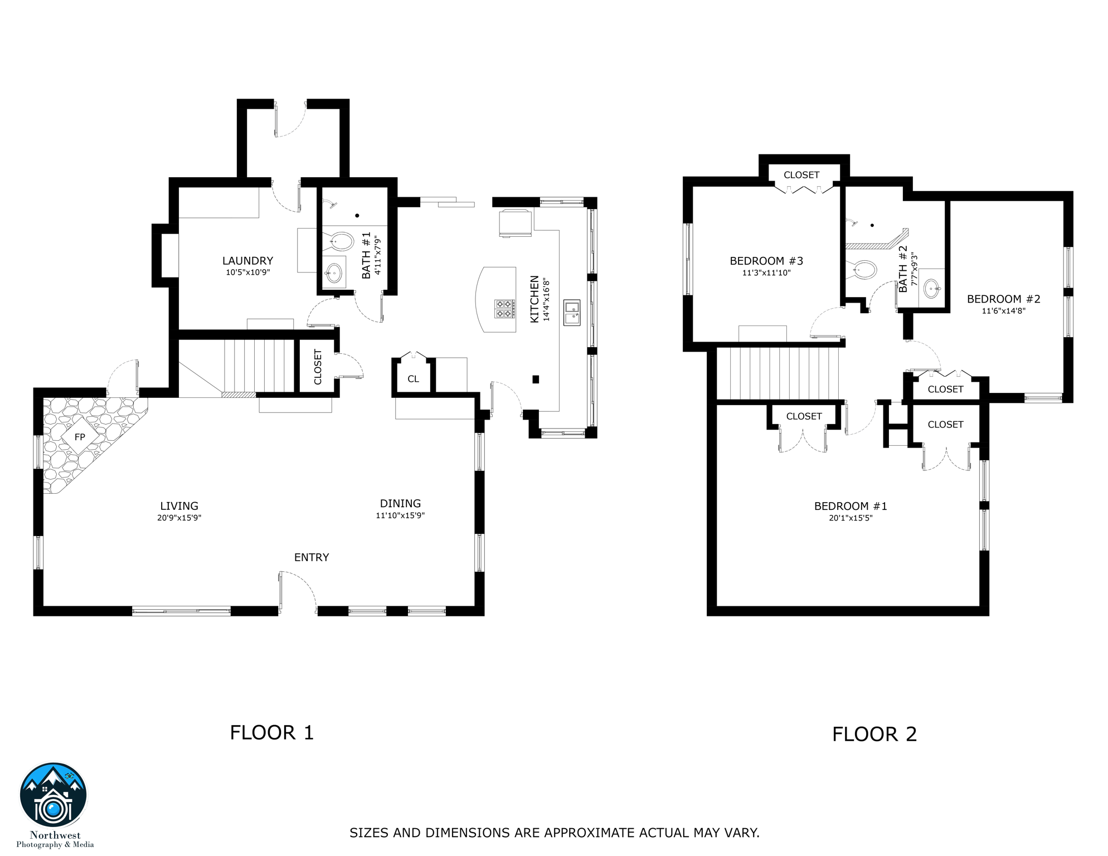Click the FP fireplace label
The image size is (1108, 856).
pos(80,437)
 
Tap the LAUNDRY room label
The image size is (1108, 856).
pos(248,261)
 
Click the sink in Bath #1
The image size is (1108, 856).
pos(333,273)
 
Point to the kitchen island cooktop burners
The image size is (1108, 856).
pos(505,309)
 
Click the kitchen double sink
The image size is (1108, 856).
pos(572,313)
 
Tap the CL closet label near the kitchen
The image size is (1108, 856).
pos(413,379)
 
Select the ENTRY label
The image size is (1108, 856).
pos(312,557)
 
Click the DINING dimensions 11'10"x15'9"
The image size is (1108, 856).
pos(400,515)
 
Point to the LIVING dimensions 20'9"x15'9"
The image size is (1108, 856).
pos(179,518)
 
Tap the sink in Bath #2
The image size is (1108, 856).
pos(932,289)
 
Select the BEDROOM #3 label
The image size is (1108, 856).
pos(766,261)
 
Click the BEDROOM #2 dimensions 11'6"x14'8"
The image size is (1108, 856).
pos(1004,311)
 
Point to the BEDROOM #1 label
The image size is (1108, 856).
pos(851,506)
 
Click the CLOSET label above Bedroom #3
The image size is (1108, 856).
pos(801,175)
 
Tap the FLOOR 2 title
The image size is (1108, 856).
pos(874,735)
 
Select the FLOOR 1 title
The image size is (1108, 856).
pos(272,733)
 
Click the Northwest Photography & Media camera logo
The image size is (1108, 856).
pos(54,795)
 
